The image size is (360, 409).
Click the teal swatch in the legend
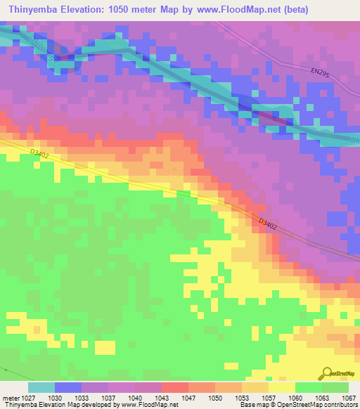pos(41,387)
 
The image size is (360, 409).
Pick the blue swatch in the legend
pos(68,387)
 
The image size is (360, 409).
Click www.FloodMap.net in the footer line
pos(148,405)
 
